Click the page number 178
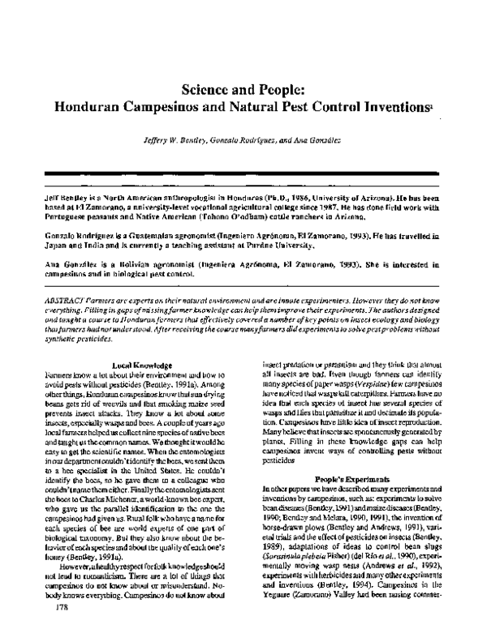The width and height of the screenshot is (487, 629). point(58,606)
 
